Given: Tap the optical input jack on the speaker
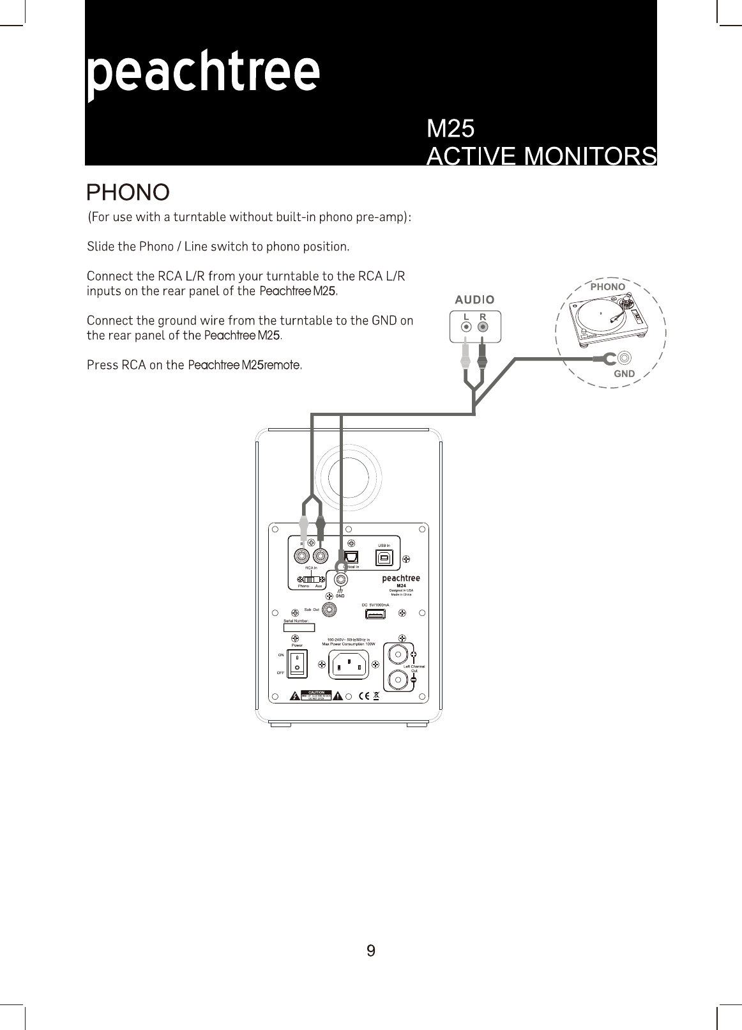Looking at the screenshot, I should (x=351, y=557).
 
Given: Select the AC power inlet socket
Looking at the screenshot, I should (x=349, y=665).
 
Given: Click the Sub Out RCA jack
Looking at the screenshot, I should (x=329, y=610).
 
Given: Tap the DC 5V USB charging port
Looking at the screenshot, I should (x=375, y=614).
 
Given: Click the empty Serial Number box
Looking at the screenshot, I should (x=299, y=627).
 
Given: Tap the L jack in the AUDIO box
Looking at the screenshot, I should (x=467, y=327).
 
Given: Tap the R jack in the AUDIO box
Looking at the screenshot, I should (x=483, y=327).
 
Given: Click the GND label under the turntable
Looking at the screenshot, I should (x=624, y=374).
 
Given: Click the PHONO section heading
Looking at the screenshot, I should (x=128, y=192).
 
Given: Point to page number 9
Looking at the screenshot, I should (x=371, y=951).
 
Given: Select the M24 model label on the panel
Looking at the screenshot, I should (x=402, y=585).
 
